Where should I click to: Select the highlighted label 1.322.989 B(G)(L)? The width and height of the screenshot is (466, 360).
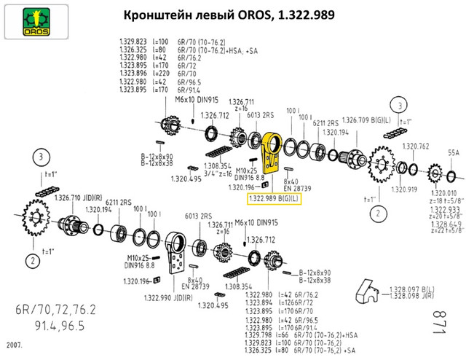click(274, 197)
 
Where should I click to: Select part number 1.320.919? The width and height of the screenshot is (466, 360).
click(403, 190)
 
